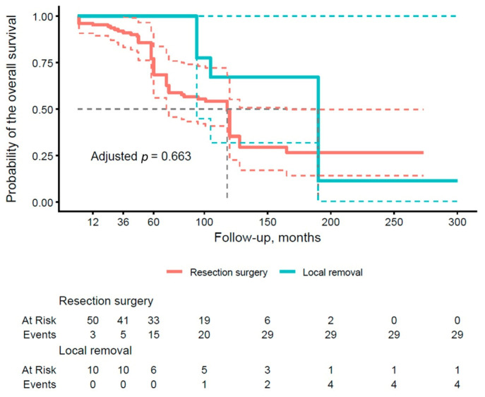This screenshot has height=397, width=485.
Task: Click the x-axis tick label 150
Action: coord(268,222)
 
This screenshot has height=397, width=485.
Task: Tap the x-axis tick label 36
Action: coord(123,222)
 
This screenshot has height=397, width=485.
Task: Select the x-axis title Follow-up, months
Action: coord(268,237)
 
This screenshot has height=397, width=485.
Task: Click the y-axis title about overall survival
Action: coord(11,109)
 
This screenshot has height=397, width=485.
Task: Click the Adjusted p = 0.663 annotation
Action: coord(141,156)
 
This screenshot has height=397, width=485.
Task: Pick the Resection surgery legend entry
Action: coord(217,272)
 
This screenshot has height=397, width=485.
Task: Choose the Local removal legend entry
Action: coord(321,272)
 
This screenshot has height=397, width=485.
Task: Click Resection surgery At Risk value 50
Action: coord(92,320)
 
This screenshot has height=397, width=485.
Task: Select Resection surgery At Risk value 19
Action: coord(204,320)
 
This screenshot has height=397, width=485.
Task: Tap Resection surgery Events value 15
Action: coord(153,335)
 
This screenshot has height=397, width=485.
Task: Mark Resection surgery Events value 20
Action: coord(204,335)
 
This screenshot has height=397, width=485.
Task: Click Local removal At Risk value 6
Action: coord(153,370)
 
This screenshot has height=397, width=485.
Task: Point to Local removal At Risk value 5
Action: coord(204,370)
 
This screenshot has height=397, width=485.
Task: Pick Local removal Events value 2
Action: coord(268,384)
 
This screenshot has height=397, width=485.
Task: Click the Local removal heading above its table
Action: coord(95,350)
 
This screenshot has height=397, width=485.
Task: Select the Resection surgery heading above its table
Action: coord(106,301)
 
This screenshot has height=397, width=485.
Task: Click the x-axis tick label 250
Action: coord(394,222)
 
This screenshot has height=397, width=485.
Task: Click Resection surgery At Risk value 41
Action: coord(123,320)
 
